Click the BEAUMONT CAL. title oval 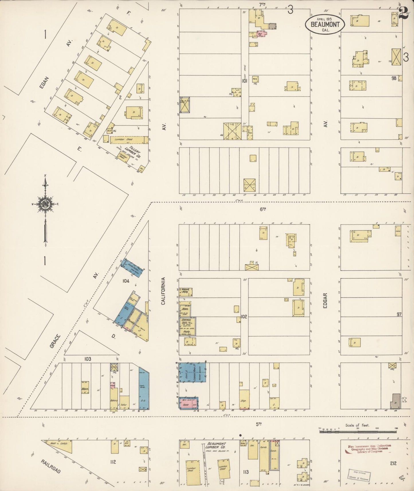click(324, 24)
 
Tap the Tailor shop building click(124, 403)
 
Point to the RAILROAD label click(50, 466)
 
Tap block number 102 click(244, 317)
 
